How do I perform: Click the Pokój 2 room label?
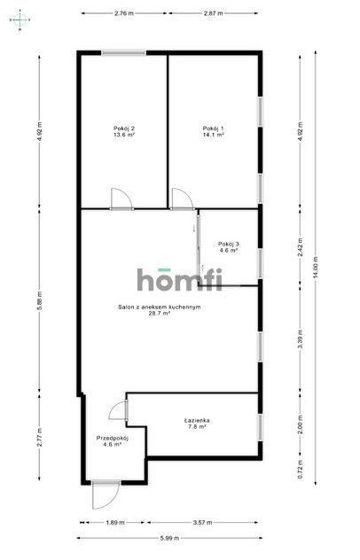124,131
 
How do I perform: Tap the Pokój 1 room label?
214,131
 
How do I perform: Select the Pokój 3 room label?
229,247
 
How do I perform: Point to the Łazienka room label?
197,424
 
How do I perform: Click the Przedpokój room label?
113,441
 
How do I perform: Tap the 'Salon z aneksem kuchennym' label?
160,309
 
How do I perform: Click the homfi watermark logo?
179,279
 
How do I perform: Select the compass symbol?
20,20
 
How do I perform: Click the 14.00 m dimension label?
316,268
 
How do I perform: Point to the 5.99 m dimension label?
168,538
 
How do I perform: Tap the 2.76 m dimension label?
124,13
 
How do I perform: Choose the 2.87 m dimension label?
213,13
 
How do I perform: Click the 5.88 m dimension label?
40,300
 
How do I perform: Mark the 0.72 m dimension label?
301,471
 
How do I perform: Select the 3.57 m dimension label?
202,522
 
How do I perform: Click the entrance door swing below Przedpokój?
106,496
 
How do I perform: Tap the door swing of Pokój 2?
121,198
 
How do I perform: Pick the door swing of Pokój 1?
183,198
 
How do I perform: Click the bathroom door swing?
117,410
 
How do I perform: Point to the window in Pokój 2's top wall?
123,53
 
